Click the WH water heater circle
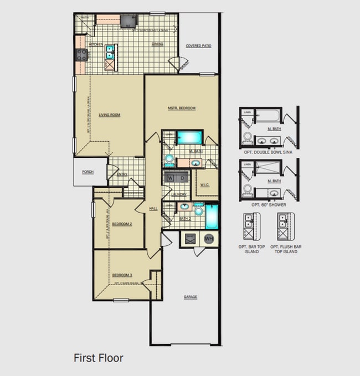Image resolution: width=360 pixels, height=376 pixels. point(209,239)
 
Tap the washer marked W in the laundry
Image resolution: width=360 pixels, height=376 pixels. point(170,178)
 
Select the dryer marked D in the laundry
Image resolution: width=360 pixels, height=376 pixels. point(182,178)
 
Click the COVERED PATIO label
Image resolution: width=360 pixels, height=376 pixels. point(198,46)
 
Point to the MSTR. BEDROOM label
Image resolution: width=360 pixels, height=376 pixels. point(182,108)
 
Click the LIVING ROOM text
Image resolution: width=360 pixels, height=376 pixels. point(110,115)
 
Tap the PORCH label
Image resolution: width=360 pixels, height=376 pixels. point(88,172)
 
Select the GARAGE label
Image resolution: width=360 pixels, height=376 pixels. point(191,297)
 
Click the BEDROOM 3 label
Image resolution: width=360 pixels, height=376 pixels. point(122,275)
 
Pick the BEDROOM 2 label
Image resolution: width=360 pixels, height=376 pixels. point(122,224)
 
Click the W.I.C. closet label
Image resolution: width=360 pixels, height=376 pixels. point(206,185)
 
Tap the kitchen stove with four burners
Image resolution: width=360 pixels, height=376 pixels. point(81,54)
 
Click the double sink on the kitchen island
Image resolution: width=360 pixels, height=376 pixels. point(111,52)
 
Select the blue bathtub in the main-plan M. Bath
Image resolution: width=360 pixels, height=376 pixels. point(189,137)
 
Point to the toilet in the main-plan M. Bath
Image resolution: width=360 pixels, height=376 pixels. point(169,159)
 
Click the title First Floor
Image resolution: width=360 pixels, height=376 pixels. point(99,358)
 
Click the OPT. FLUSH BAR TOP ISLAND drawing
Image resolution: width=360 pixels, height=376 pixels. point(286,228)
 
